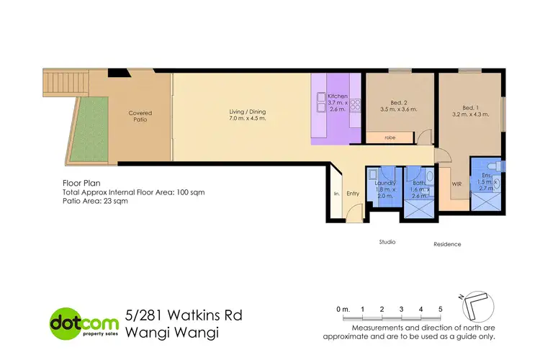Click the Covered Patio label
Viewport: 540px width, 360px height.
(x=140, y=116)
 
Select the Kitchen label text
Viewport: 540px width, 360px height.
(x=338, y=96)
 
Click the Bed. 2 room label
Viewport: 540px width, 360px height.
(x=398, y=106)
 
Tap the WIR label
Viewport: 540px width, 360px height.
(x=456, y=184)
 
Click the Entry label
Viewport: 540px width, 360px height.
(x=353, y=193)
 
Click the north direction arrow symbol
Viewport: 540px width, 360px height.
(x=478, y=305)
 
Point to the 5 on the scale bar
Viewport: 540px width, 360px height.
(x=440, y=309)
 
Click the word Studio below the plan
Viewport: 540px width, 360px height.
(x=387, y=242)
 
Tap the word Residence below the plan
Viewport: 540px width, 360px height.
(x=447, y=244)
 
